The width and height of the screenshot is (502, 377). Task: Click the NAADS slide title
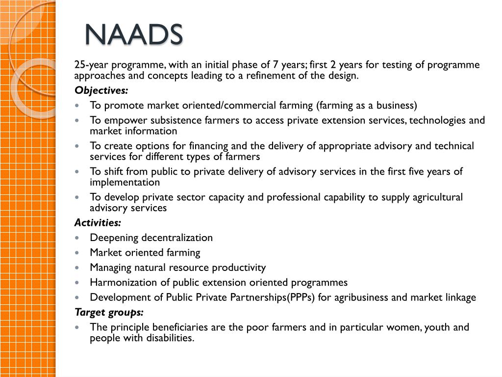point(133,34)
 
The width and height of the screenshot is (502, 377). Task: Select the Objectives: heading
point(101,90)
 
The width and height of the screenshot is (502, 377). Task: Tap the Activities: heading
point(97,223)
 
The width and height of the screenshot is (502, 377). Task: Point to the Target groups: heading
point(109,312)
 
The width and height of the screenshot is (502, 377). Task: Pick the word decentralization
point(177,238)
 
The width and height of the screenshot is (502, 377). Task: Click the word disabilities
point(169,338)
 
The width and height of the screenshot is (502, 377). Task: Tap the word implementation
point(125,182)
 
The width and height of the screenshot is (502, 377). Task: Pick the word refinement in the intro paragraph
point(281,76)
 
